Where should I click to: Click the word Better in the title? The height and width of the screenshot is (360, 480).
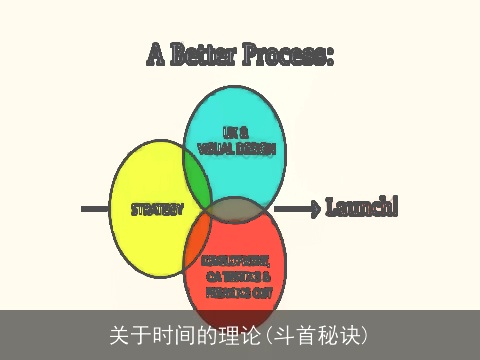(x=205, y=54)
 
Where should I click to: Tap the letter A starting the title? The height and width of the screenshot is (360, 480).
(x=156, y=54)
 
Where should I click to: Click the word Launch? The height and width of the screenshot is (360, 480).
(x=361, y=208)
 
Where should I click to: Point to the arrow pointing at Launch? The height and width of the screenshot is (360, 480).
(x=296, y=209)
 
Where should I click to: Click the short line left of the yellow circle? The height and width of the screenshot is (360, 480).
(x=94, y=209)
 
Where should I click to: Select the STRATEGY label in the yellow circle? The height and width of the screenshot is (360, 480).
(x=158, y=210)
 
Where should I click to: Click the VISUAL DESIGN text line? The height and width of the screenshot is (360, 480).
(x=236, y=147)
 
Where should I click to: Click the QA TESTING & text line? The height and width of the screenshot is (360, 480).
(x=237, y=276)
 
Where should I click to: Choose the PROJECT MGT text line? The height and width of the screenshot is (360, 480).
(x=237, y=292)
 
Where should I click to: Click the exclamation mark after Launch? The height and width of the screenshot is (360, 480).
(x=395, y=207)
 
